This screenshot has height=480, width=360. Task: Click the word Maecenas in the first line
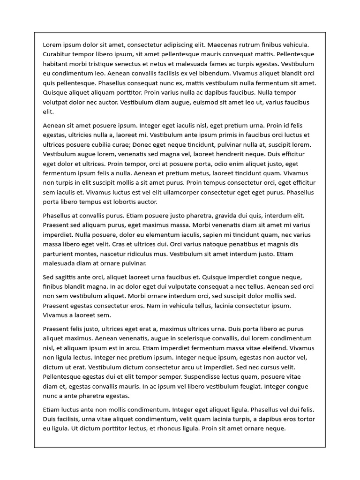pos(224,45)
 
